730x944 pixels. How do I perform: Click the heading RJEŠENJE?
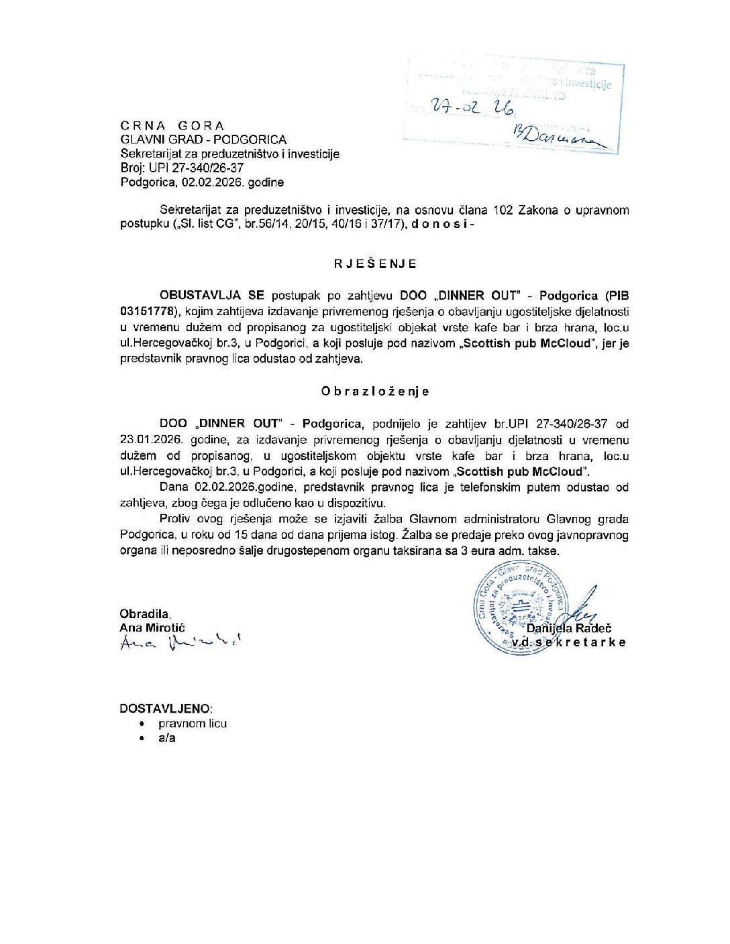click(375, 263)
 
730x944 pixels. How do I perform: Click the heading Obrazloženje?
click(374, 391)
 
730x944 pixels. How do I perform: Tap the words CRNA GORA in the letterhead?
click(172, 125)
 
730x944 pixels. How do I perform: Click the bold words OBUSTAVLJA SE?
click(212, 295)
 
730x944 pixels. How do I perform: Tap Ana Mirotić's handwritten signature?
click(178, 642)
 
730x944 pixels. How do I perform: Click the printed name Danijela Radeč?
click(568, 628)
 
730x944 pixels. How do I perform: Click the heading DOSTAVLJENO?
click(166, 708)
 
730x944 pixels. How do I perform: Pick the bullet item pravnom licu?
click(193, 723)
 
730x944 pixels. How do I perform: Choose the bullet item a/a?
click(167, 738)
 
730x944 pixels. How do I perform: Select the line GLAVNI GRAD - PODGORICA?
click(203, 139)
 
